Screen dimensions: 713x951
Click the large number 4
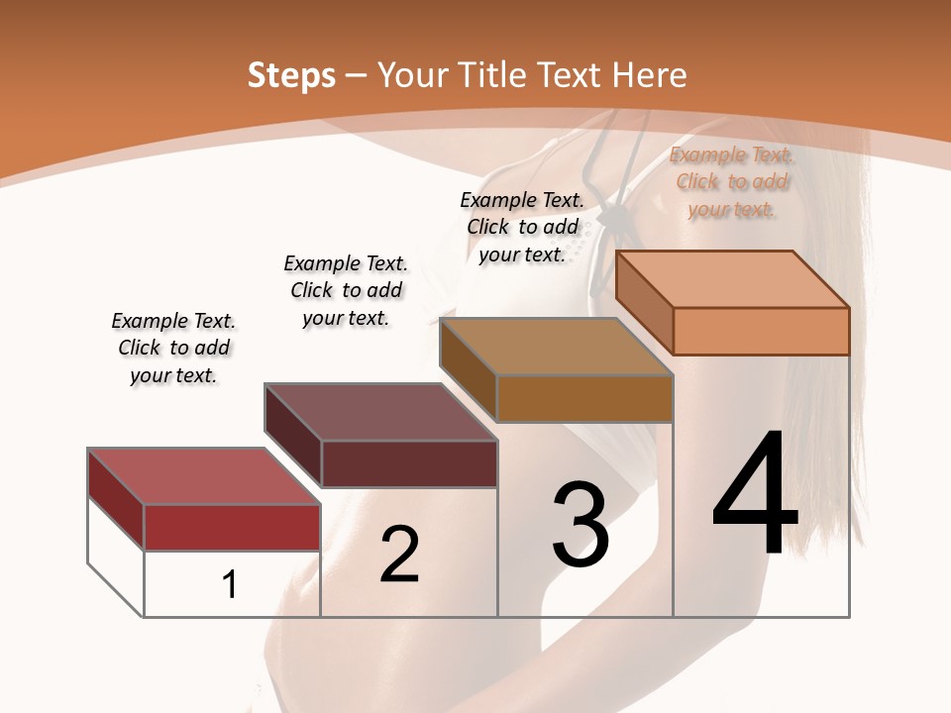(755, 495)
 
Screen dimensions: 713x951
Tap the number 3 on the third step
(581, 525)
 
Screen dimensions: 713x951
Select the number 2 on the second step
(399, 555)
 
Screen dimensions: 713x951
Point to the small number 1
(230, 585)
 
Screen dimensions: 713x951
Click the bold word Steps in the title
(291, 75)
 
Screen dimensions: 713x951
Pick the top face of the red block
(203, 475)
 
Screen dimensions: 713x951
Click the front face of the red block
(232, 527)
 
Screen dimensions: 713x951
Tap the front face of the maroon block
(409, 463)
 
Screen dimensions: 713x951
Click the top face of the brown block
(556, 347)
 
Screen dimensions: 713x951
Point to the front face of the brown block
(584, 398)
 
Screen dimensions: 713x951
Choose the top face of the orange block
(732, 279)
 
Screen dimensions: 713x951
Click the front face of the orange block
(761, 331)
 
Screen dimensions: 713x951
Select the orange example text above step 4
(732, 182)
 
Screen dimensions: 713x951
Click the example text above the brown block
(522, 227)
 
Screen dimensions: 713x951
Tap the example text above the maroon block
(346, 290)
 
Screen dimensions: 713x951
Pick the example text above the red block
(173, 348)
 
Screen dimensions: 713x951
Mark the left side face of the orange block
(644, 301)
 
